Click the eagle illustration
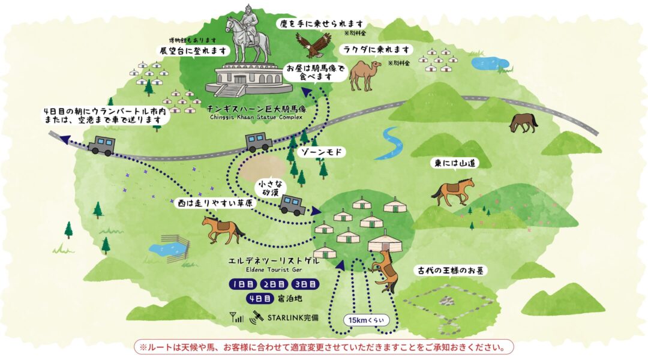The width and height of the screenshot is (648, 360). point(313,44)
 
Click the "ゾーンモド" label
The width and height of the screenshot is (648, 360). point(322,152)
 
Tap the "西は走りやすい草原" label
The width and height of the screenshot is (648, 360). point(214,204)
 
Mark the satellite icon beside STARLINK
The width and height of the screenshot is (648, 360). point(257,316)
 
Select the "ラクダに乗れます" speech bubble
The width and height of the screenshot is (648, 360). point(377,49)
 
